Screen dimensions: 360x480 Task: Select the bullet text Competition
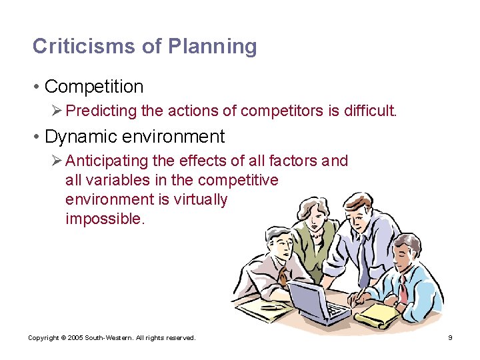point(94,87)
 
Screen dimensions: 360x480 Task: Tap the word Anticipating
point(109,161)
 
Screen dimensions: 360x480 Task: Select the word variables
point(111,180)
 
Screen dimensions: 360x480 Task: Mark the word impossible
point(104,219)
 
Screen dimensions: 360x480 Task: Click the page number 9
point(450,338)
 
